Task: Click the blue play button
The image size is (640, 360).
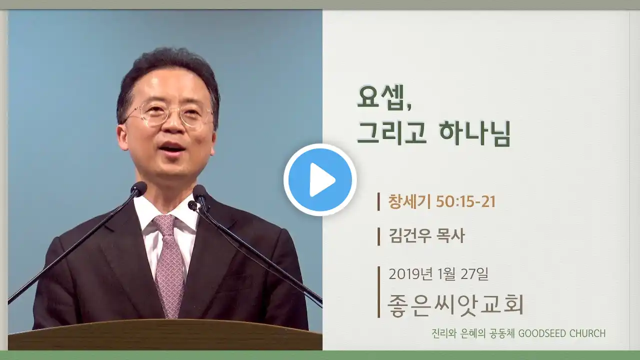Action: [x=320, y=180]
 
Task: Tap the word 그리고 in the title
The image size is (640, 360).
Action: [x=392, y=133]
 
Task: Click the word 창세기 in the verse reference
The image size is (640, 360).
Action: [x=409, y=201]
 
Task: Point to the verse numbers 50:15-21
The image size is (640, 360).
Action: [x=465, y=201]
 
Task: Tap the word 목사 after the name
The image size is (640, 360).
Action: [x=451, y=236]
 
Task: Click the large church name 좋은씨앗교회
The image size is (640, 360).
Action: [x=455, y=304]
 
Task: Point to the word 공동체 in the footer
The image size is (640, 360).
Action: [x=500, y=333]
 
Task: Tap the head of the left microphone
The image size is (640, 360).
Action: [x=139, y=188]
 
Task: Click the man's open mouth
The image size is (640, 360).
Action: [x=172, y=147]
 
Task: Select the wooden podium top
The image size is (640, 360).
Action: [x=165, y=335]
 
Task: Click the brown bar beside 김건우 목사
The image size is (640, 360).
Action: [x=378, y=236]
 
